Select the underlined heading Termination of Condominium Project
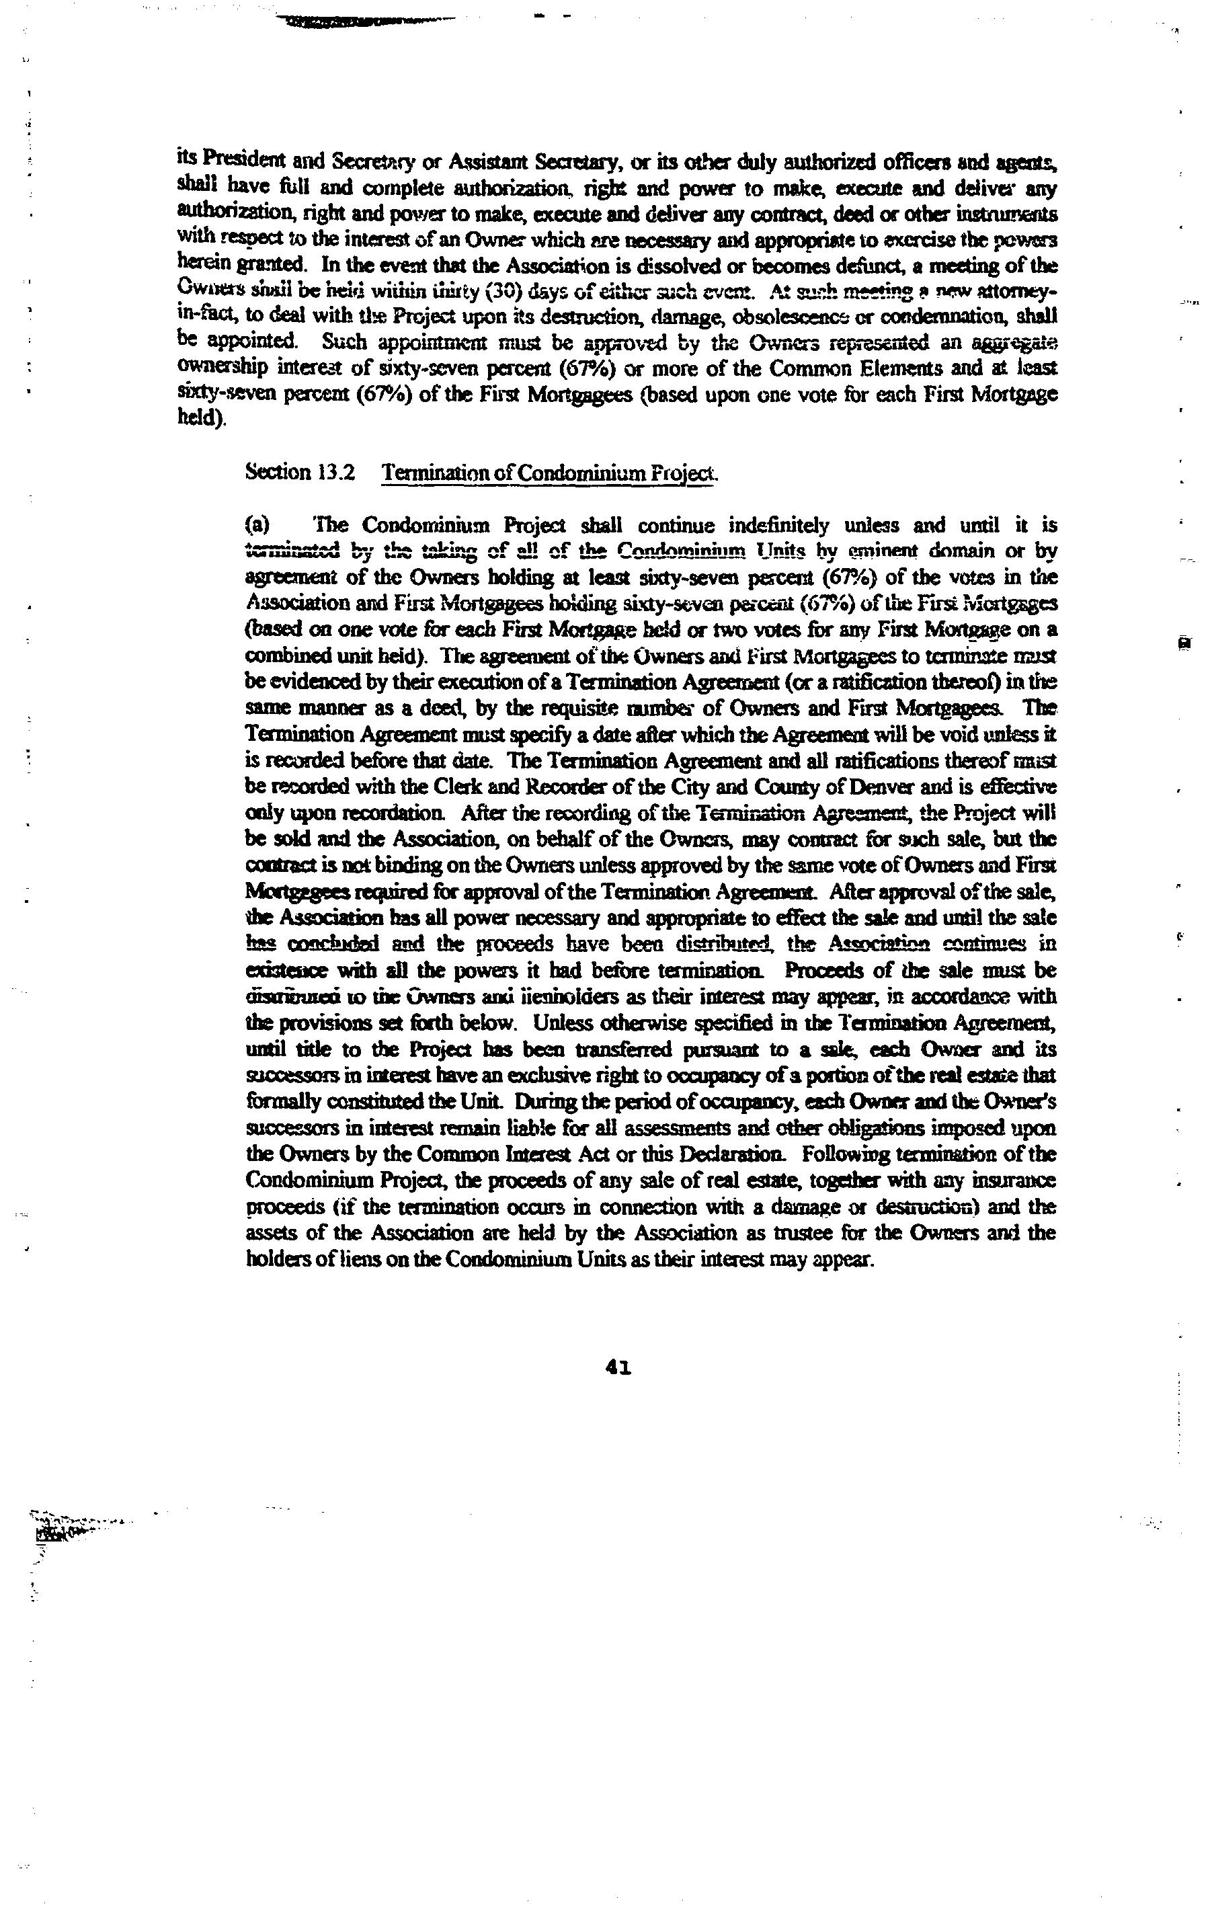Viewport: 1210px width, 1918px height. coord(550,473)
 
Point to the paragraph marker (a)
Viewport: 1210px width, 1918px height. coord(257,526)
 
